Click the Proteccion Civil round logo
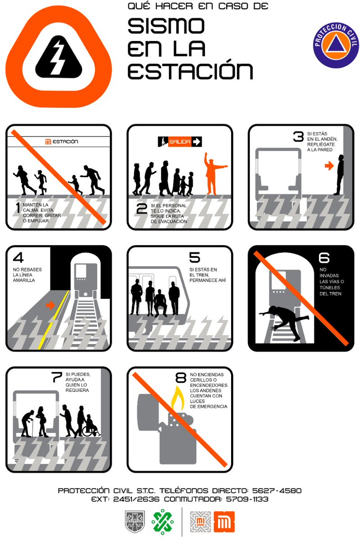coord(336,45)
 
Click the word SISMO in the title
coord(166,27)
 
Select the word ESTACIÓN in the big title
coord(190,71)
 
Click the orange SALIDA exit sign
coord(180,142)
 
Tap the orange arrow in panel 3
coord(329,166)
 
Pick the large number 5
coord(194,257)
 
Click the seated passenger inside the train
coord(159,303)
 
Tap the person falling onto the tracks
coord(288,320)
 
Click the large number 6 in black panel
coord(324,257)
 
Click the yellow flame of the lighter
coord(177,398)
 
